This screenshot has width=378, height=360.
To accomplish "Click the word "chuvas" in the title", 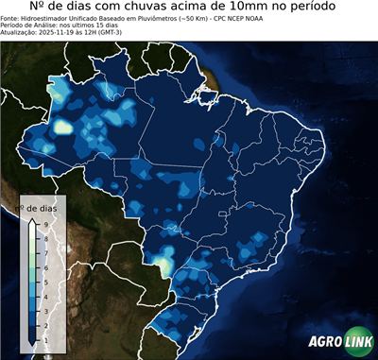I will (x=150, y=8).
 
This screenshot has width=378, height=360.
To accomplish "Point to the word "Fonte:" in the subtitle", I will (x=10, y=18).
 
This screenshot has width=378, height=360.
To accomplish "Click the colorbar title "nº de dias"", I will (x=43, y=207).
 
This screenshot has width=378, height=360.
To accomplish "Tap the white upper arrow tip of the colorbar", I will (x=32, y=220).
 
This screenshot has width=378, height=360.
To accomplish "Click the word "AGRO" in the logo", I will (x=325, y=342).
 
